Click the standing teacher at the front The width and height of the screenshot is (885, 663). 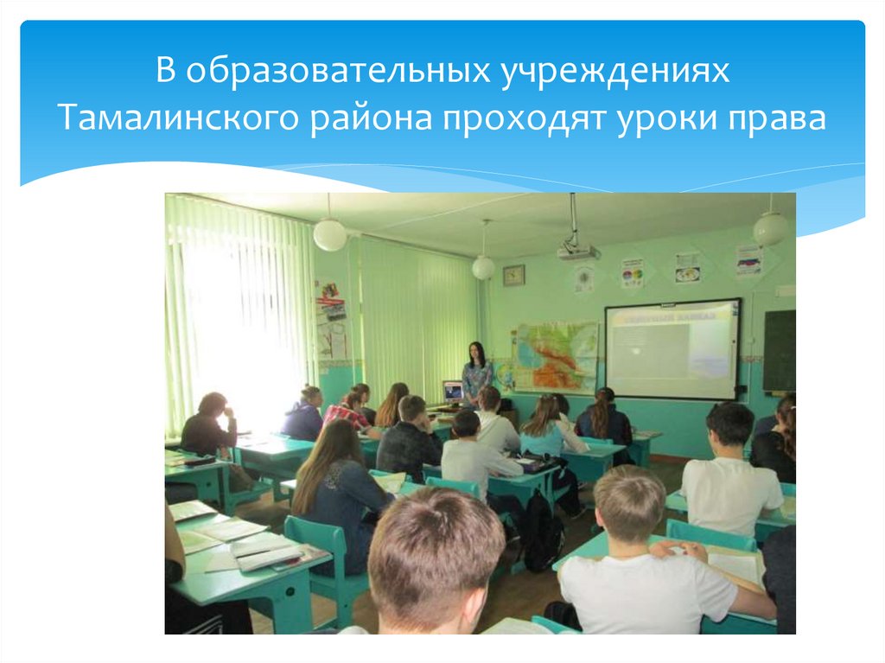(x=476, y=373)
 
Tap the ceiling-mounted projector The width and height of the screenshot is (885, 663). (x=577, y=252)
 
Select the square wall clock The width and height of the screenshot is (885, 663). (x=513, y=275)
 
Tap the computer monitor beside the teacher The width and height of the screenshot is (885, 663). (x=452, y=392)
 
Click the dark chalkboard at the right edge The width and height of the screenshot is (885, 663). (x=779, y=351)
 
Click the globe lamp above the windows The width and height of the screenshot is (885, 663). (x=329, y=234)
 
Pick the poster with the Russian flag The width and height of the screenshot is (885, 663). (x=748, y=260)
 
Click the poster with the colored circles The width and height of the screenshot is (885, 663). (x=633, y=272)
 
